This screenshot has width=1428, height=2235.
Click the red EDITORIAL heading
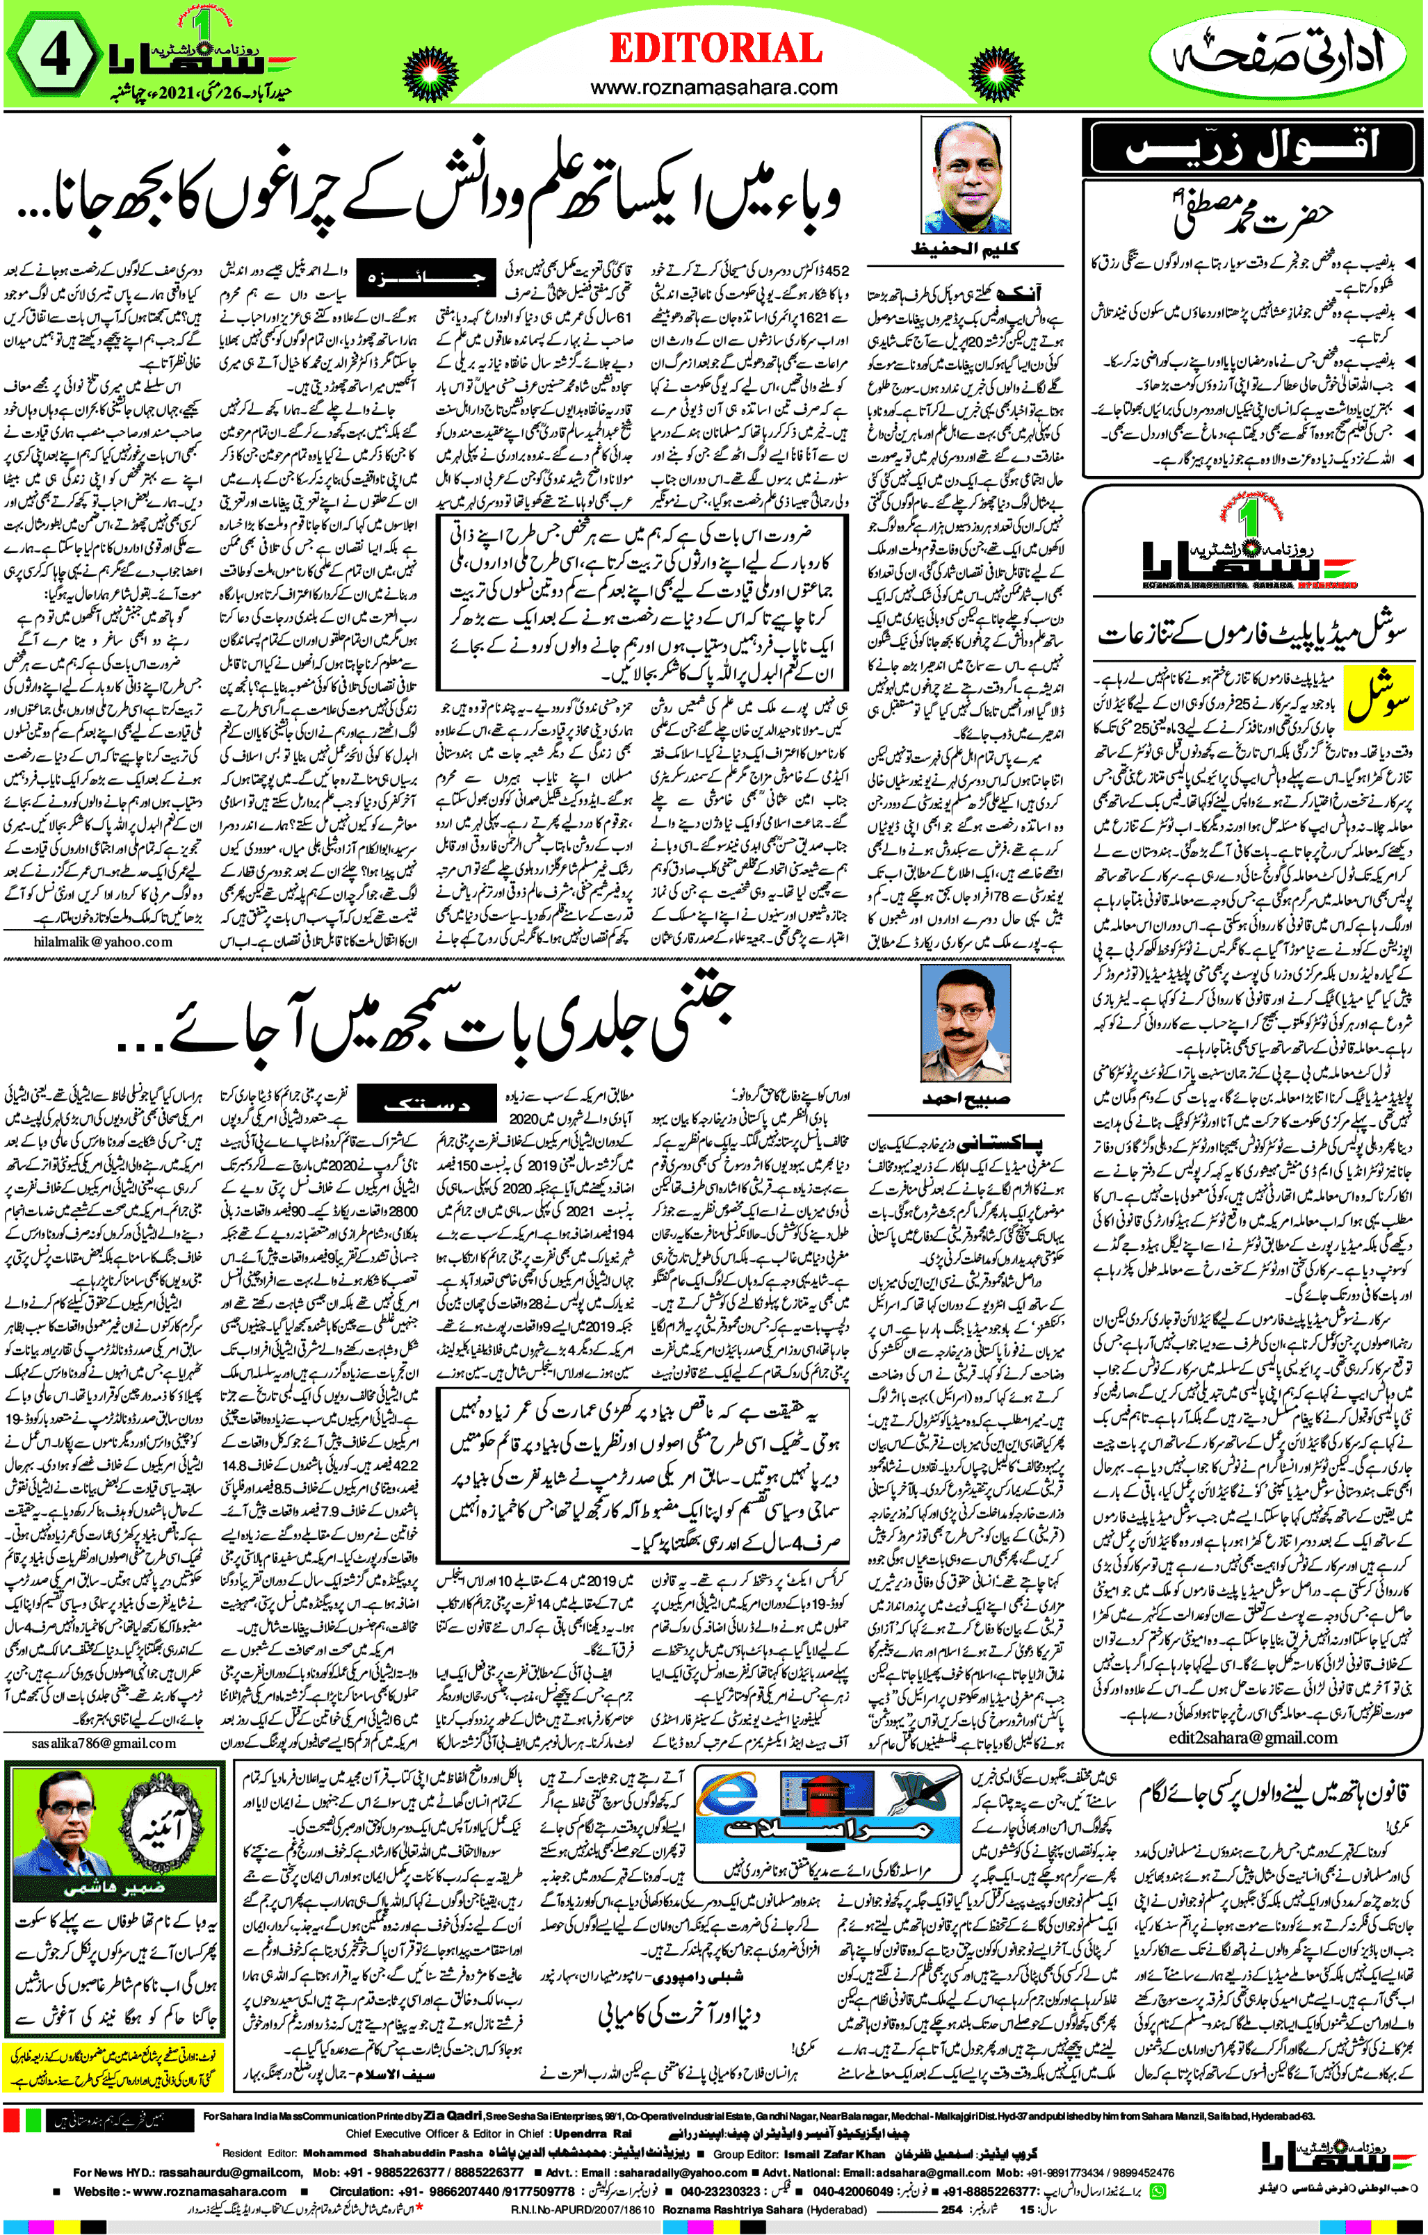click(715, 48)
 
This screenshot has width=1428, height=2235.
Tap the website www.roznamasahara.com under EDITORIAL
click(714, 88)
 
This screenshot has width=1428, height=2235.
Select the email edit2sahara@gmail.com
click(1253, 1737)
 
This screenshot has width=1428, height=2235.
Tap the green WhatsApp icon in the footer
click(1158, 2191)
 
